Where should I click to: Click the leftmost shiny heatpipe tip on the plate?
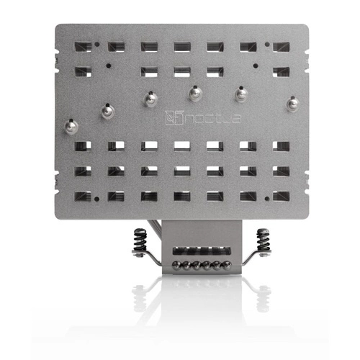point(70,127)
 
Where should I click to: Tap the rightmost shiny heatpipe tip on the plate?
point(292,104)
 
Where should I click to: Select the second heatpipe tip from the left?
point(107,111)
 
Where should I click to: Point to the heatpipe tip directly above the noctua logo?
point(194,94)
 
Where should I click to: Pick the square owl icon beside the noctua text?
point(171,116)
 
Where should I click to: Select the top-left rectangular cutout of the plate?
point(82,46)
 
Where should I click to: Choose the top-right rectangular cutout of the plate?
point(281,46)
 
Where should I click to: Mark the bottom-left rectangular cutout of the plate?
point(82,195)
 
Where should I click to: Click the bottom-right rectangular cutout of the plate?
point(281,195)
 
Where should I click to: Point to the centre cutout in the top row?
point(181,46)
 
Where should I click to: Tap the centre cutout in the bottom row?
point(181,195)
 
